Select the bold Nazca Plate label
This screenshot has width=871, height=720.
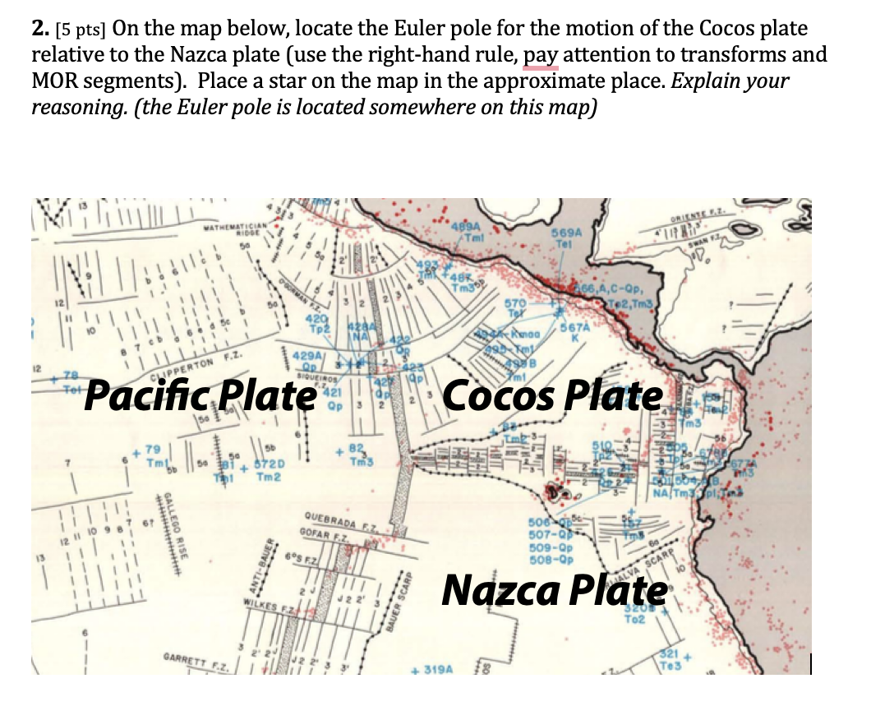(x=555, y=588)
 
